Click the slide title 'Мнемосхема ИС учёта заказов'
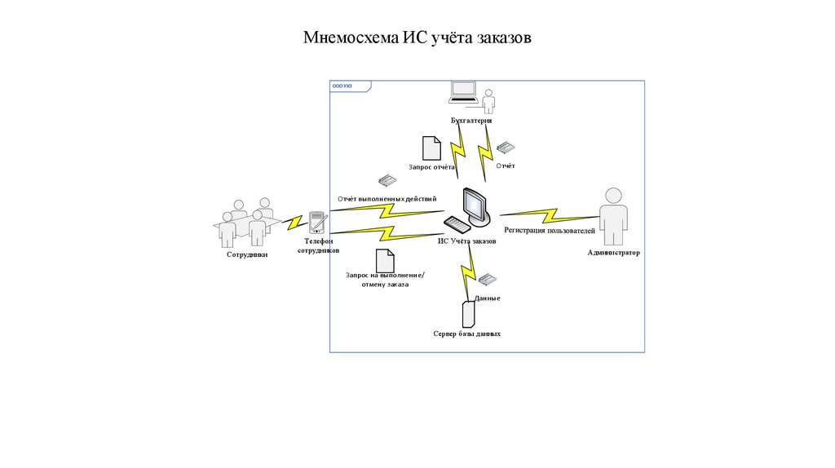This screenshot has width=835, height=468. (x=417, y=38)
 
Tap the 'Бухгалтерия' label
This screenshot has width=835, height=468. (x=471, y=121)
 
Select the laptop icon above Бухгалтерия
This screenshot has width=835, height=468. (x=463, y=92)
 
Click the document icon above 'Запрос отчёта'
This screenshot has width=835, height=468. (x=431, y=148)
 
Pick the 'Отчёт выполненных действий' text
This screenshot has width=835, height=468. (x=386, y=198)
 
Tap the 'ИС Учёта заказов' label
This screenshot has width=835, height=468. (x=467, y=241)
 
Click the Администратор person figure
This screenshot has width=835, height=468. (x=612, y=215)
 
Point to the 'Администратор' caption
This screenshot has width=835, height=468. (x=613, y=253)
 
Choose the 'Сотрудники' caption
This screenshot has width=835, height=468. (x=247, y=255)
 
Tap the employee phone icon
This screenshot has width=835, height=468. (x=318, y=222)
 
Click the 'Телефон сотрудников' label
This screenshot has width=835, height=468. (x=318, y=246)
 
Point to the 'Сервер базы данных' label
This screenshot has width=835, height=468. (x=466, y=334)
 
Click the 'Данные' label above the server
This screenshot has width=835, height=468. (x=487, y=298)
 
